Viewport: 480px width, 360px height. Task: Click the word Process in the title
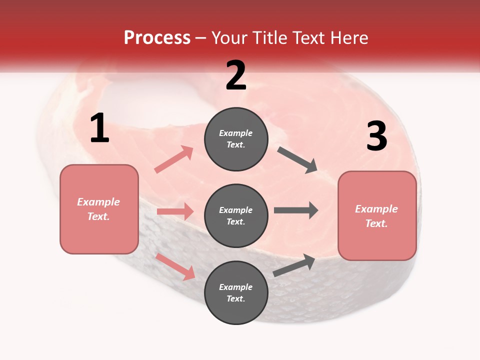point(157,37)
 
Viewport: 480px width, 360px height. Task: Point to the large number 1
point(99,128)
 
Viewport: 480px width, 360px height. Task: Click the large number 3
point(376,136)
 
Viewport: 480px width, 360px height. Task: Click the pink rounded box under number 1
point(99,209)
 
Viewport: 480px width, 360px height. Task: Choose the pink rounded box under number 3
point(377,216)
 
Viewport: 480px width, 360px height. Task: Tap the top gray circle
point(236,139)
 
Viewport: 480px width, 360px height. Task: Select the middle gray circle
point(236,215)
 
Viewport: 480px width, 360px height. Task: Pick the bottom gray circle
point(236,292)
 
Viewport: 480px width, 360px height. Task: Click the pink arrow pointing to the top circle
point(174,159)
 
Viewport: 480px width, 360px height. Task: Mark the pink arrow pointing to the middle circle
point(175,211)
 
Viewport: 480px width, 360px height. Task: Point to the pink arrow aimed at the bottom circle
point(175,266)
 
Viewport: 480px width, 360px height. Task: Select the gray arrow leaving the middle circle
point(295,210)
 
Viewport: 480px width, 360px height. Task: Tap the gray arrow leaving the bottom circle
point(294,265)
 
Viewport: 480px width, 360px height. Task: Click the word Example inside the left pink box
point(98,202)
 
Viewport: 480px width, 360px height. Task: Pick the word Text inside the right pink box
point(376,223)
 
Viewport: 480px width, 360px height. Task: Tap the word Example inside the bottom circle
point(236,287)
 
